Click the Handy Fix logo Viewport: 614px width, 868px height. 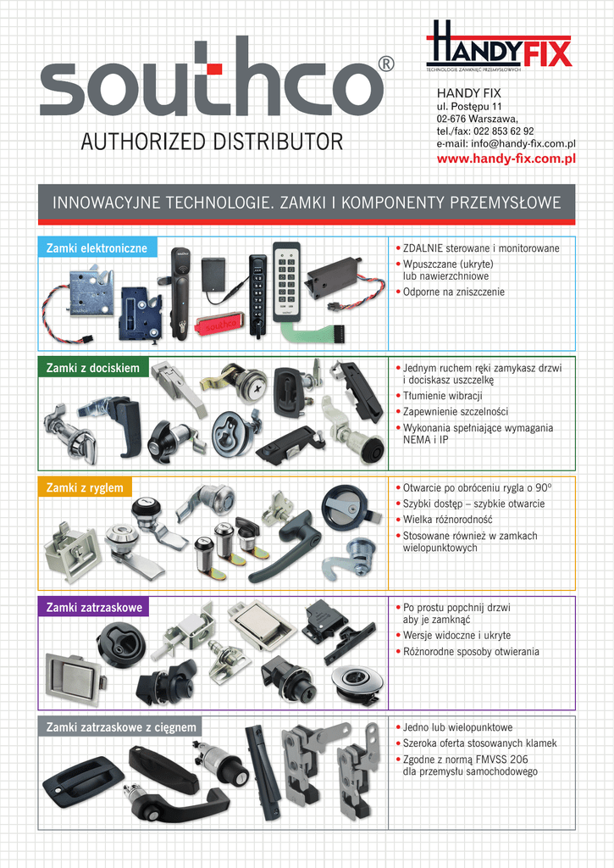pos(499,47)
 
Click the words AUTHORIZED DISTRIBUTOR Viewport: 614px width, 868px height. pos(212,142)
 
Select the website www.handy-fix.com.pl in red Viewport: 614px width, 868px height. pos(506,159)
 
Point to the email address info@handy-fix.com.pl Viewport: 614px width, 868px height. pos(506,144)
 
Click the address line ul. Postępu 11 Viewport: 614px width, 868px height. pos(469,107)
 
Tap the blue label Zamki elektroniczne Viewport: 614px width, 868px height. pos(97,248)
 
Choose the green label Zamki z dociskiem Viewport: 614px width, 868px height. pos(93,368)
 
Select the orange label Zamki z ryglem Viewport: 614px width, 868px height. pos(85,487)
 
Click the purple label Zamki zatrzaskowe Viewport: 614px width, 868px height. pos(93,607)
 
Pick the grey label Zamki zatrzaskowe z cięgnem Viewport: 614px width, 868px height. pos(121,727)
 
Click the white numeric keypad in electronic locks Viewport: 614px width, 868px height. pos(286,281)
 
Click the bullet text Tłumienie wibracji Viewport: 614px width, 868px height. pos(442,396)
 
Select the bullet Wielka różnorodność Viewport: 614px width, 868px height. pos(447,520)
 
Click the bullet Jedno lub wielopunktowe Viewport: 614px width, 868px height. pos(457,727)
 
